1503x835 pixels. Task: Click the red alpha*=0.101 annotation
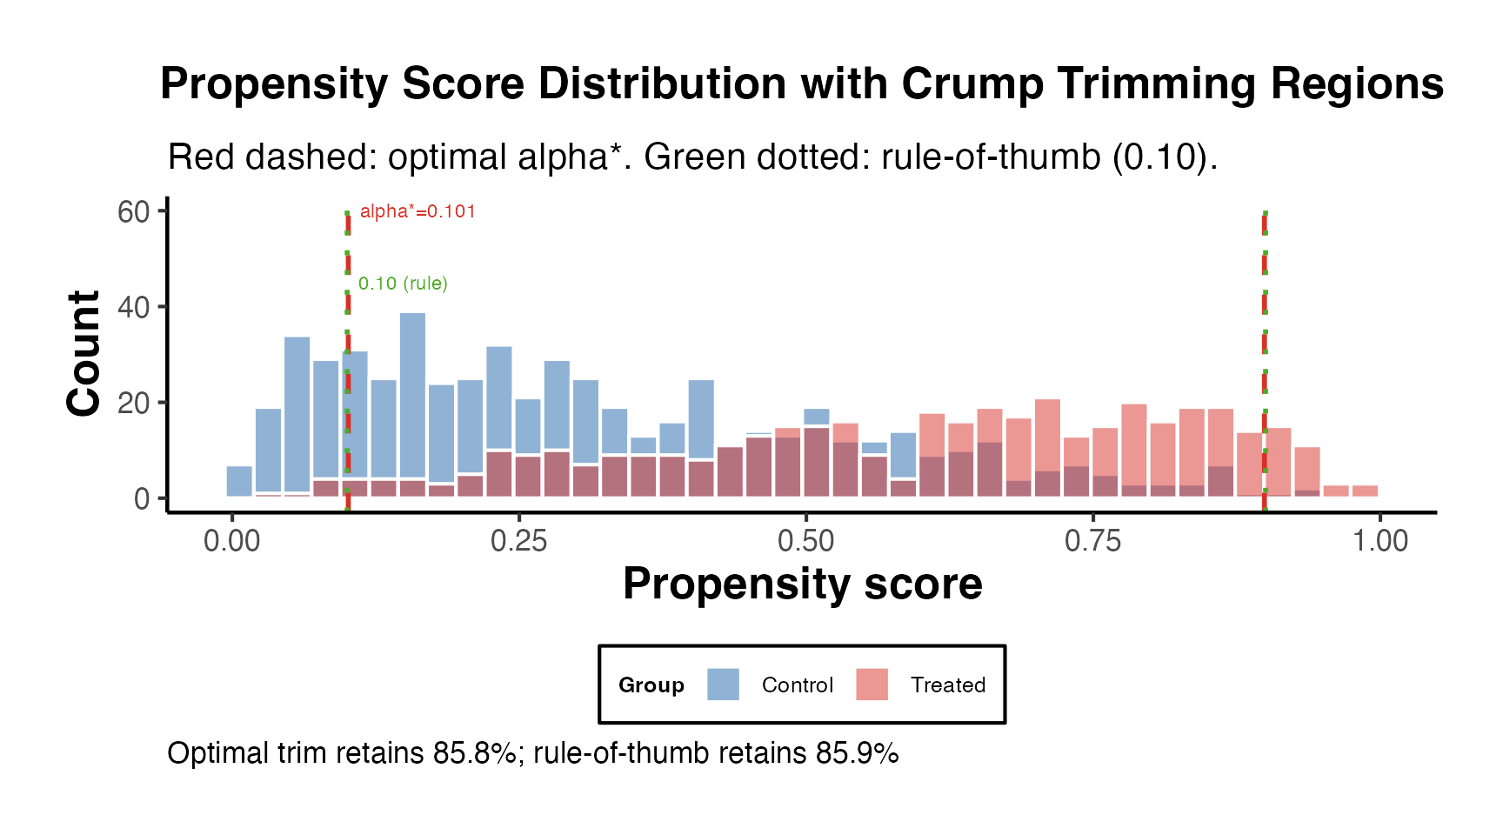417,211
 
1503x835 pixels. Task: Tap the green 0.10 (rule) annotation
403,284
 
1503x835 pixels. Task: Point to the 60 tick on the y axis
133,212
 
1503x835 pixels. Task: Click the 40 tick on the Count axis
133,308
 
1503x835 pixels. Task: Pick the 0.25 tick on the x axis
518,541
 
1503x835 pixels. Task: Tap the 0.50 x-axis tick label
805,541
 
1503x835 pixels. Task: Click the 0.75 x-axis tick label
1092,541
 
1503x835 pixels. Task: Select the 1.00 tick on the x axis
1379,541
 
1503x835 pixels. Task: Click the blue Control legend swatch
723,685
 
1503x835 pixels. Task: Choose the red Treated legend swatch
872,685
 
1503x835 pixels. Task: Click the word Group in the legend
651,685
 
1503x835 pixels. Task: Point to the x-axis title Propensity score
802,584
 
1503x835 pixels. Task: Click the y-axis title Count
84,353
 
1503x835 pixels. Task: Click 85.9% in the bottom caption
857,753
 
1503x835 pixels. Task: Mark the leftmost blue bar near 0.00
239,481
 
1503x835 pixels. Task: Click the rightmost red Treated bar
1365,491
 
